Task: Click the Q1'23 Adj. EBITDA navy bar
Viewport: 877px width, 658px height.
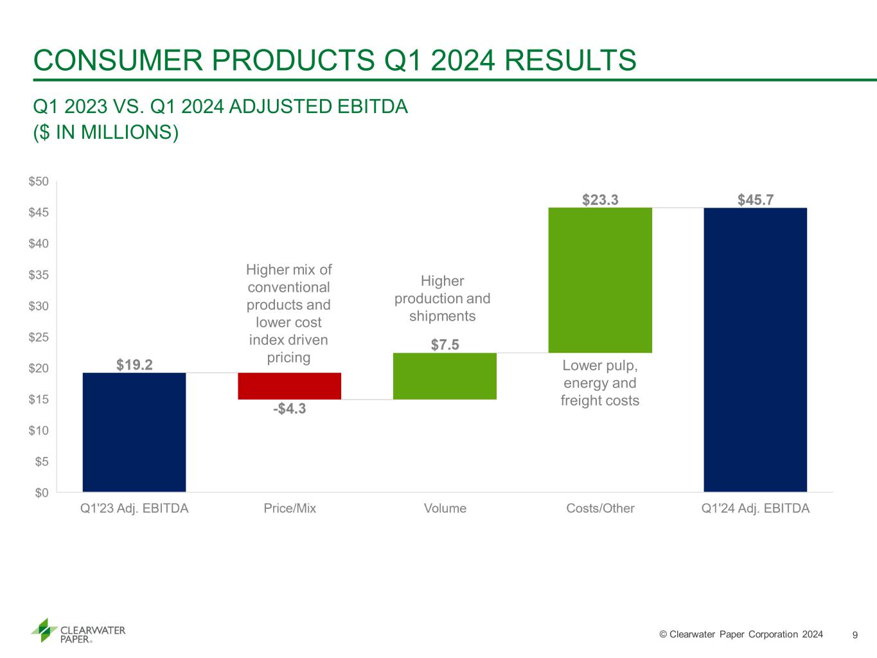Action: pyautogui.click(x=134, y=432)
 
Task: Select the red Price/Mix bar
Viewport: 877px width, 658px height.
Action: pyautogui.click(x=289, y=386)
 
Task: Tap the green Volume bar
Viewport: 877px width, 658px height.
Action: pyautogui.click(x=445, y=376)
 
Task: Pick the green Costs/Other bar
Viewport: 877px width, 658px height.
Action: pyautogui.click(x=600, y=280)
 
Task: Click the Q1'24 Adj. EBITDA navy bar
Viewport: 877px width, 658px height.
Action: pyautogui.click(x=755, y=350)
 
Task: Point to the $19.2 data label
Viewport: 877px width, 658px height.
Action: pyautogui.click(x=134, y=365)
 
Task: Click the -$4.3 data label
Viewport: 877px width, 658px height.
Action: pyautogui.click(x=289, y=408)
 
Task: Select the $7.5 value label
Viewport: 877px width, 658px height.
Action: pyautogui.click(x=445, y=345)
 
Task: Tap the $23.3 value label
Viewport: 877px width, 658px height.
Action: pyautogui.click(x=600, y=200)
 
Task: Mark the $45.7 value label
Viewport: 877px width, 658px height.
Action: pyautogui.click(x=755, y=200)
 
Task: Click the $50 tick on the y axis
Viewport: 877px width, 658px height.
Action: pyautogui.click(x=39, y=182)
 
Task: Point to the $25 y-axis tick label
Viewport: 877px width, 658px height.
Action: pyautogui.click(x=39, y=337)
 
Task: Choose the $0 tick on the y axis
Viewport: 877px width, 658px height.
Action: pyautogui.click(x=41, y=493)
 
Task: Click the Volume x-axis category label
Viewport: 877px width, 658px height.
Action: pyautogui.click(x=445, y=508)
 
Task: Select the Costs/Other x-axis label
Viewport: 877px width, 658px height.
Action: pyautogui.click(x=600, y=508)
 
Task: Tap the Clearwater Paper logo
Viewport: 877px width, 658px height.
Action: pyautogui.click(x=78, y=630)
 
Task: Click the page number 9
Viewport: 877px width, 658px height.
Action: pyautogui.click(x=855, y=635)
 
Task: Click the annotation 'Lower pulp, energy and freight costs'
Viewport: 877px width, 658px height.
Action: pyautogui.click(x=599, y=383)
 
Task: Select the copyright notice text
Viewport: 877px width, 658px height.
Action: pyautogui.click(x=741, y=634)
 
